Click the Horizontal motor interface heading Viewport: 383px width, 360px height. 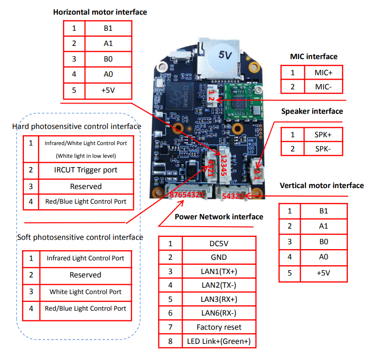[x=100, y=12]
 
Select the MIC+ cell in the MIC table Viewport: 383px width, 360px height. [x=323, y=72]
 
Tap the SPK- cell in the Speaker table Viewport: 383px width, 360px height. [x=323, y=148]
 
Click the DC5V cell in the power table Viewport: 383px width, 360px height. [x=219, y=243]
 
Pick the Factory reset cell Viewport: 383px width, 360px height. [x=219, y=327]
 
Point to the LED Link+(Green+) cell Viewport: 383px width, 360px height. [x=219, y=341]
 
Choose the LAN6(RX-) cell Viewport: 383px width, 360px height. [x=219, y=313]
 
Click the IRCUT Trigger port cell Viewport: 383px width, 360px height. [x=85, y=170]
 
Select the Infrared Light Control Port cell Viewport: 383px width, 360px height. [x=85, y=258]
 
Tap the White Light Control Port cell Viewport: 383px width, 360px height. [x=85, y=292]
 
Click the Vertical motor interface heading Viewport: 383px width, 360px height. [x=321, y=186]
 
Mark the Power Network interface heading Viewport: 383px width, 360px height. [x=219, y=217]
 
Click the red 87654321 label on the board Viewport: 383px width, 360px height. [x=186, y=195]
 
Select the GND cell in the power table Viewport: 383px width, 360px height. [x=219, y=257]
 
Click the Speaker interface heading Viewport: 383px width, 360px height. [x=312, y=111]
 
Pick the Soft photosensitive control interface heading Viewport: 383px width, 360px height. [x=80, y=237]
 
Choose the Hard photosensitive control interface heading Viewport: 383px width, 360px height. [x=77, y=127]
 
